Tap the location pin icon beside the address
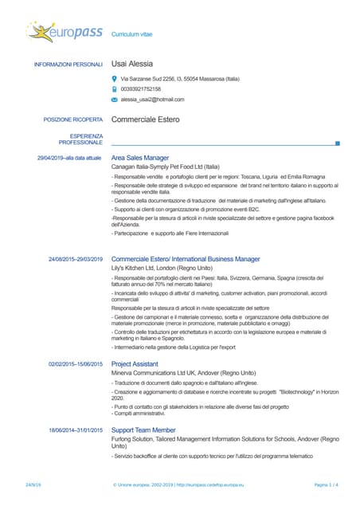pos(115,79)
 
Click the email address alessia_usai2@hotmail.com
pos(152,100)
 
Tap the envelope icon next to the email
pos(115,100)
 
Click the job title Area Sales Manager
pos(140,158)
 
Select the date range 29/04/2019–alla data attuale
pos(69,158)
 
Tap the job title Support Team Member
pos(143,430)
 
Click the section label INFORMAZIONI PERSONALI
pos(68,65)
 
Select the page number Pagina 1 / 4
pos(327,484)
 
